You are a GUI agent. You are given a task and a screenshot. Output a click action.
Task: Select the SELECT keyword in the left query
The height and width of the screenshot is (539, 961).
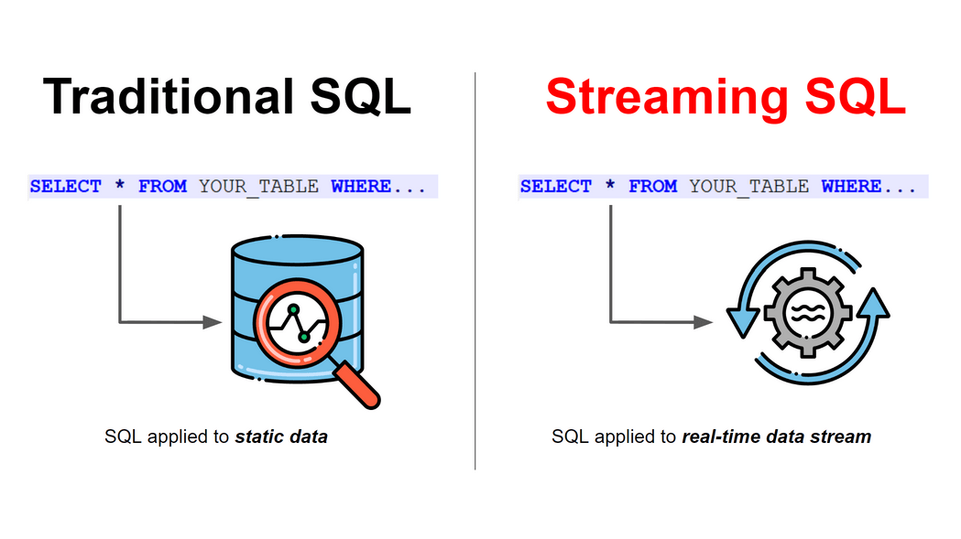(x=66, y=187)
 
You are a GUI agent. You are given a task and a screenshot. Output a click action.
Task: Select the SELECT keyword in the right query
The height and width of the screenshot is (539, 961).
(x=556, y=187)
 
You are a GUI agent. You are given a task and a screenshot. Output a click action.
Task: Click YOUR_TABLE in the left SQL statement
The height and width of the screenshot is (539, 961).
(x=258, y=187)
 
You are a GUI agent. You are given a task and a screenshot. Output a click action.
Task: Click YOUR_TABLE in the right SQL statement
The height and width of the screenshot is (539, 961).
(x=748, y=187)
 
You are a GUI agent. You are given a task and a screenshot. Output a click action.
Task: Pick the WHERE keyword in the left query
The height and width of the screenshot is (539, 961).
(x=361, y=187)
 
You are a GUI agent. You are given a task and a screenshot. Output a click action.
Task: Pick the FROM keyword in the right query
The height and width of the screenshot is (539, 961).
(x=652, y=187)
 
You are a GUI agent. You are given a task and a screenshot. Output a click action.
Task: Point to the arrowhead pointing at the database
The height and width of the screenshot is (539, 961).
(x=213, y=322)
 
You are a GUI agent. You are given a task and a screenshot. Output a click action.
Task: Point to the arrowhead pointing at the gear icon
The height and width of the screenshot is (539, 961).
(x=704, y=322)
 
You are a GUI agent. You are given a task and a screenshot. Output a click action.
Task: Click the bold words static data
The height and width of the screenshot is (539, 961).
(x=281, y=437)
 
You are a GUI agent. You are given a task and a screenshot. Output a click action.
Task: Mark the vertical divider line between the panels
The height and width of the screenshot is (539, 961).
(x=475, y=275)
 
